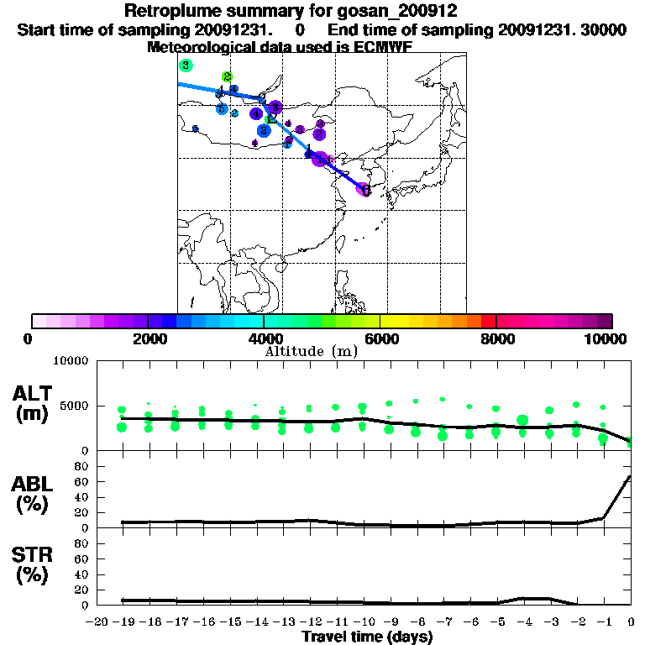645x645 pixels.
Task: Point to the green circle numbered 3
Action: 186,66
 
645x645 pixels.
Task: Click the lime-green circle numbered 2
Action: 227,77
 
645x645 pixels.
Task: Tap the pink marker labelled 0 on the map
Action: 364,190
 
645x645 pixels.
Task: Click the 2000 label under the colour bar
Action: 147,339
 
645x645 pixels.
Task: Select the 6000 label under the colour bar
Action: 380,339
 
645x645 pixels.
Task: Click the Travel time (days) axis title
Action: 367,637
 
